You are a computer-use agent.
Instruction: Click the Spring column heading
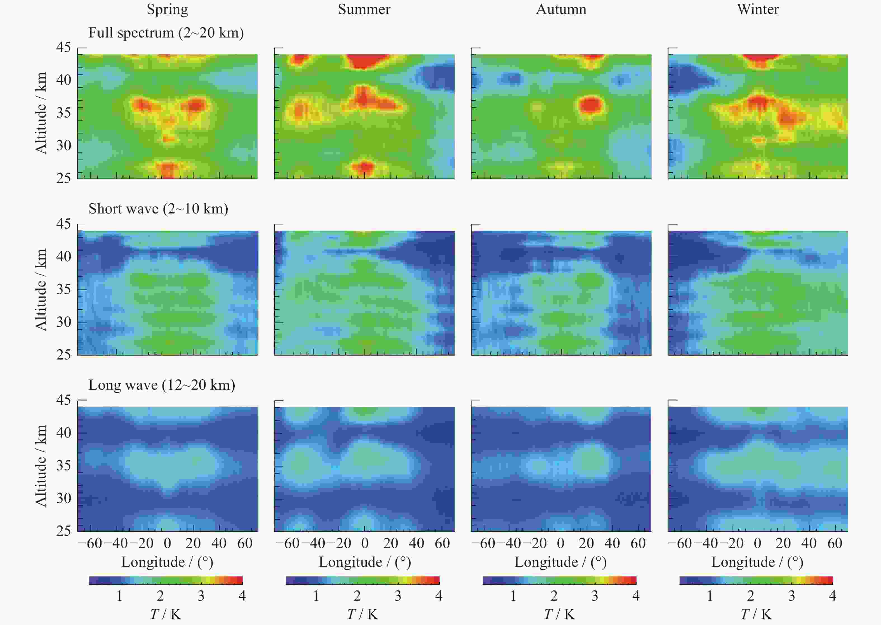(x=167, y=9)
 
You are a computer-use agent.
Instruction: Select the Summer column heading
(x=364, y=9)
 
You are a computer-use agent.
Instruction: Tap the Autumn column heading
(x=561, y=9)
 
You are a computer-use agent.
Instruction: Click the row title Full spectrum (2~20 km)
(x=166, y=33)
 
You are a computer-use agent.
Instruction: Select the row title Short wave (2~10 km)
(x=158, y=209)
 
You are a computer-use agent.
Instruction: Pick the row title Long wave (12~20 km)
(x=162, y=385)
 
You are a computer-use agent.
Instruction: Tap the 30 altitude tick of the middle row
(x=64, y=322)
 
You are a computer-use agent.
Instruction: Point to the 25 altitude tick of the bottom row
(x=64, y=531)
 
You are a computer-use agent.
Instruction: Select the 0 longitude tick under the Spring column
(x=167, y=543)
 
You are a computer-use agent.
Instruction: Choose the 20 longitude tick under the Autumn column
(x=586, y=543)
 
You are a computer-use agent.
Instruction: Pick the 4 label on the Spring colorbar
(x=242, y=596)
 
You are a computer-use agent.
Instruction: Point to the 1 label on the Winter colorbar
(x=710, y=596)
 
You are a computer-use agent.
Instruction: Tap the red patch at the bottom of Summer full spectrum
(x=365, y=167)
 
